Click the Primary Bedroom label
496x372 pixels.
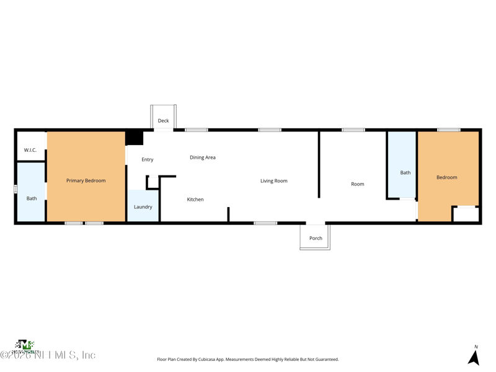pyautogui.click(x=86, y=180)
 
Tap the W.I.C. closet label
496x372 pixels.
pyautogui.click(x=30, y=150)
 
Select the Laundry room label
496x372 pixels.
pyautogui.click(x=143, y=207)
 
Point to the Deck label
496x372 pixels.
pyautogui.click(x=163, y=121)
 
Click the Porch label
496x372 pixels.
pyautogui.click(x=316, y=238)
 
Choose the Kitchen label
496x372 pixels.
pyautogui.click(x=195, y=200)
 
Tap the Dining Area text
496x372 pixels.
pyautogui.click(x=203, y=157)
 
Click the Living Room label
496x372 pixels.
pyautogui.click(x=273, y=181)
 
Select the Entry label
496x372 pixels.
pyautogui.click(x=147, y=160)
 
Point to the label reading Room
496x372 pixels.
pyautogui.click(x=358, y=184)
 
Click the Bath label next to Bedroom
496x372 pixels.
pyautogui.click(x=405, y=173)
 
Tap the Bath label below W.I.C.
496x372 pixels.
pyautogui.click(x=32, y=198)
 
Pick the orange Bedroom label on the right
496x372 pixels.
pyautogui.click(x=446, y=177)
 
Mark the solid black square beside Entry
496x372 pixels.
pyautogui.click(x=135, y=138)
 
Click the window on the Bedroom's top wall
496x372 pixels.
pyautogui.click(x=448, y=130)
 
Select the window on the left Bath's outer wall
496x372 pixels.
pyautogui.click(x=15, y=189)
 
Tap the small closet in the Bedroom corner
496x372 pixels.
pyautogui.click(x=466, y=215)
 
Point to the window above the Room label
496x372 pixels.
pyautogui.click(x=353, y=130)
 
